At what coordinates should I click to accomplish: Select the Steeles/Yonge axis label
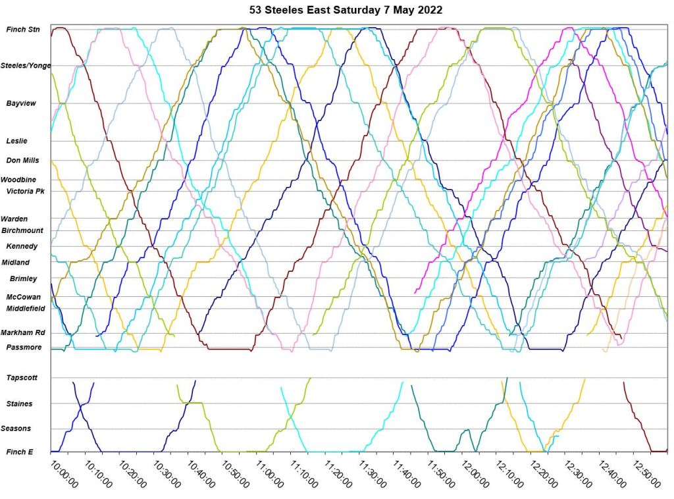26,66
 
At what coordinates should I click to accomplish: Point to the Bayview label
21,103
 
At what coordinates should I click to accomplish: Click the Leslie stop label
16,141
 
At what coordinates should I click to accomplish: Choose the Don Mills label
22,160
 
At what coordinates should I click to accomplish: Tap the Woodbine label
18,180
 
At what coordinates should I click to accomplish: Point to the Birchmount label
22,230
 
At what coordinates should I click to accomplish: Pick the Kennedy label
22,246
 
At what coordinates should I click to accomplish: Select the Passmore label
24,347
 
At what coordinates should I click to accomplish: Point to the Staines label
19,404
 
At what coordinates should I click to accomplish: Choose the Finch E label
19,452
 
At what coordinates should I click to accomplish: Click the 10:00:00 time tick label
64,474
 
